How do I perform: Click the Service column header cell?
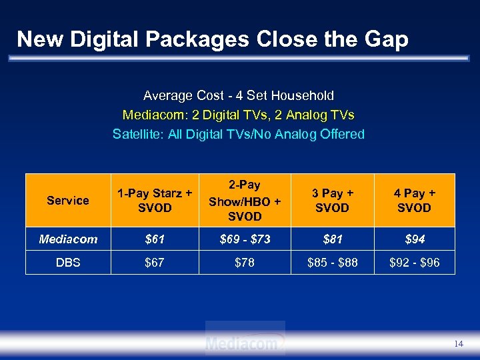coord(68,200)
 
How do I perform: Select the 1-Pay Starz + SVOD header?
coord(155,200)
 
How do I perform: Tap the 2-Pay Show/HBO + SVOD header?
coord(245,200)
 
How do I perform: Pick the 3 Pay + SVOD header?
coord(332,200)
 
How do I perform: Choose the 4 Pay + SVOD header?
coord(414,200)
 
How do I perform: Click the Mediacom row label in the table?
coord(68,239)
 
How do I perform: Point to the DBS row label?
coord(68,262)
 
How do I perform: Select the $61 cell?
coord(155,239)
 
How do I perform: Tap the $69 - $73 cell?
coord(245,239)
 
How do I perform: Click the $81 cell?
coord(332,239)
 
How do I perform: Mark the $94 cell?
coord(414,239)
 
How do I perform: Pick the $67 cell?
coord(155,262)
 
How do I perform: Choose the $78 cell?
coord(245,262)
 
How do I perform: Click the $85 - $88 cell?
coord(332,262)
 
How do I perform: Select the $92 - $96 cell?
coord(414,262)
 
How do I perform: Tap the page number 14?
coord(458,343)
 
